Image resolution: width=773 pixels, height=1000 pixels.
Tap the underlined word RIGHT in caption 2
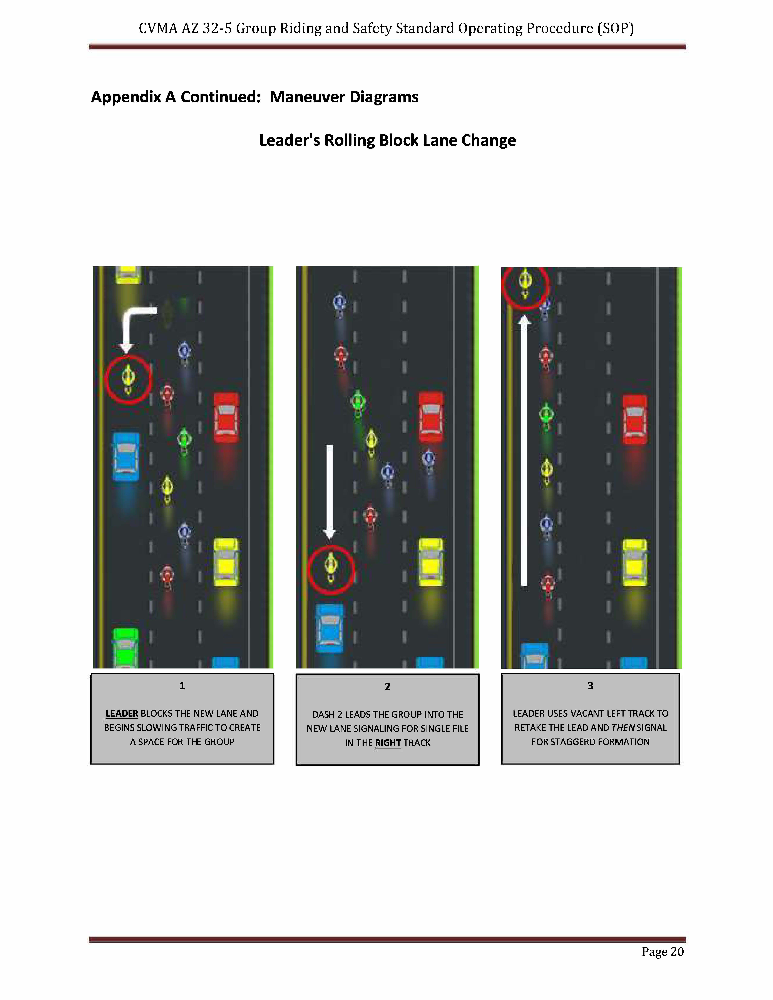click(388, 743)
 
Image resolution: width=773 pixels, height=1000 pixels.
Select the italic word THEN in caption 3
click(623, 728)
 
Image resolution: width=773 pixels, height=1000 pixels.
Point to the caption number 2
click(387, 686)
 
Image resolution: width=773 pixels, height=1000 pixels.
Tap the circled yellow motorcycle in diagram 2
click(331, 568)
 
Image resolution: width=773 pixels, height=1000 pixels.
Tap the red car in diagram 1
click(226, 418)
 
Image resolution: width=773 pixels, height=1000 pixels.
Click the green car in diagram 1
click(125, 648)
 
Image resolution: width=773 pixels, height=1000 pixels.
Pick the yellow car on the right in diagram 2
click(431, 562)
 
